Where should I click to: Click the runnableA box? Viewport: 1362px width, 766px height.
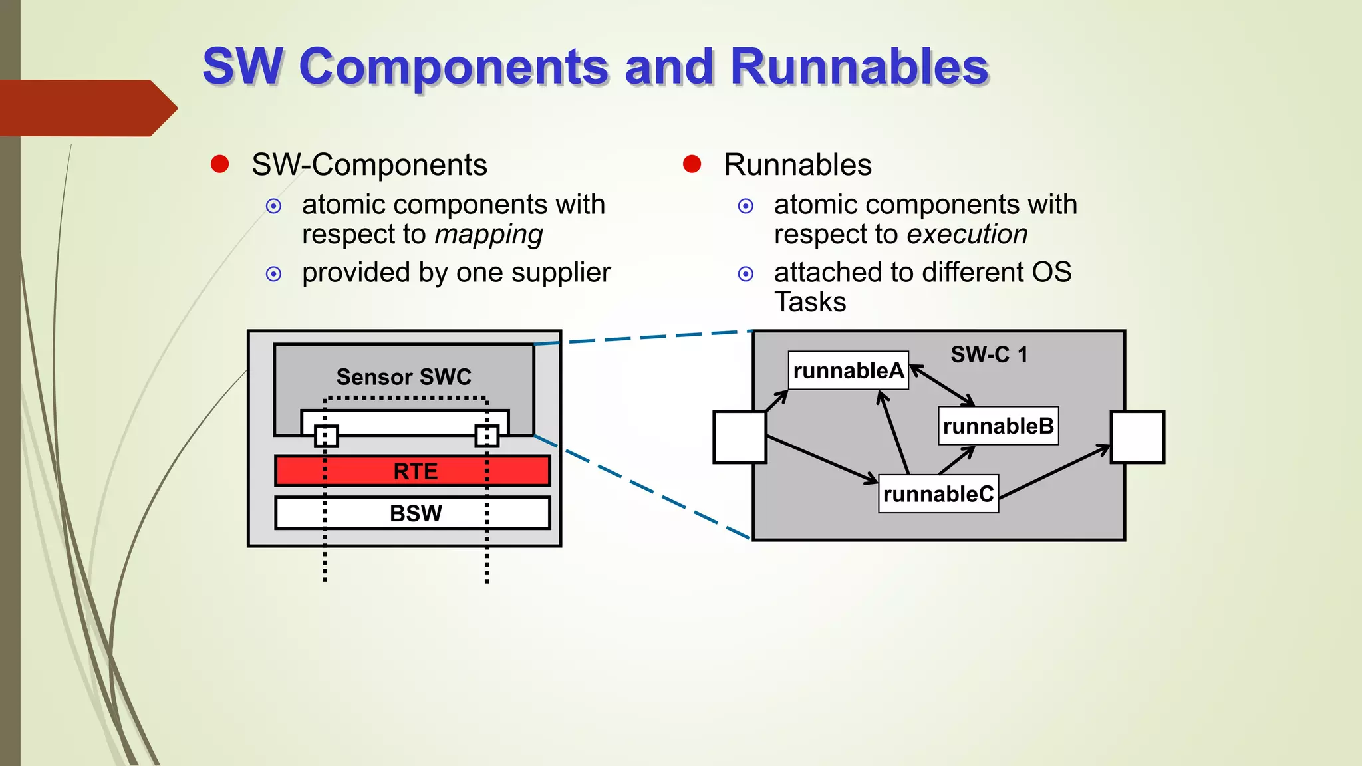pyautogui.click(x=848, y=370)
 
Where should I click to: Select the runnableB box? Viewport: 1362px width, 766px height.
pyautogui.click(x=998, y=426)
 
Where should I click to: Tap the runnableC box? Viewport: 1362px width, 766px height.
pyautogui.click(x=938, y=494)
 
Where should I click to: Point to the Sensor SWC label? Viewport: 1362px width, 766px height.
pyautogui.click(x=404, y=377)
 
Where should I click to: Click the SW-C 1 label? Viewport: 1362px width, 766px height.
pyautogui.click(x=989, y=354)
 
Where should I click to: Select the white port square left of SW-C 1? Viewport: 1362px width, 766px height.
pyautogui.click(x=740, y=437)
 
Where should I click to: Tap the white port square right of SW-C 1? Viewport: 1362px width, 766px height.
pyautogui.click(x=1138, y=437)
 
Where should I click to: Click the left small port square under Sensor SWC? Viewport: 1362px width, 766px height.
pyautogui.click(x=326, y=436)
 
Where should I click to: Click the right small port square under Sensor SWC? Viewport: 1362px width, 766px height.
pyautogui.click(x=487, y=436)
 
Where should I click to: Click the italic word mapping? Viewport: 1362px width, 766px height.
pyautogui.click(x=489, y=235)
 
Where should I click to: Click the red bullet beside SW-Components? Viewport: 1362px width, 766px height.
pyautogui.click(x=220, y=164)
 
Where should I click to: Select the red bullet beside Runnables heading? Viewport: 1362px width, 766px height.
pyautogui.click(x=692, y=164)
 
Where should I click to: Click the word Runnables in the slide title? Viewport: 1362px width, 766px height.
pyautogui.click(x=859, y=66)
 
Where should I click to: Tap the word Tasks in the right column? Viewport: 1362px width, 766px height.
pyautogui.click(x=810, y=302)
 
